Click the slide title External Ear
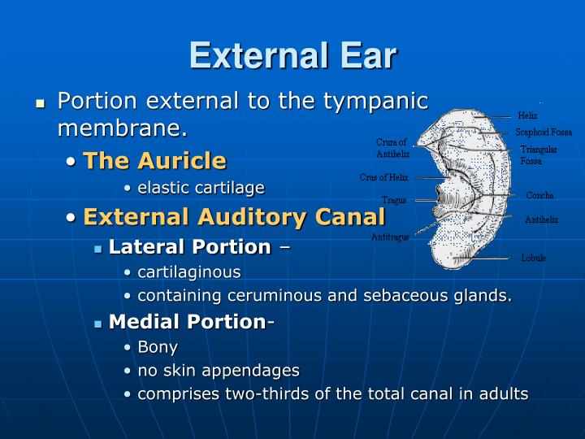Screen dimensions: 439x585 click(292, 56)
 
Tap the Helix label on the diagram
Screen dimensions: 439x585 click(527, 115)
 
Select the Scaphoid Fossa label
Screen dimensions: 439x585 click(544, 132)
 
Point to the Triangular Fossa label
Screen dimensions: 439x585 click(538, 154)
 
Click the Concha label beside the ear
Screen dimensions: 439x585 click(539, 195)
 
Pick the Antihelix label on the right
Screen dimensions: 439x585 click(541, 219)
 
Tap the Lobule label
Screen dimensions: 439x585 click(533, 258)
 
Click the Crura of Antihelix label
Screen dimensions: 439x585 click(392, 147)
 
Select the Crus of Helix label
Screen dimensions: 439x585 click(383, 177)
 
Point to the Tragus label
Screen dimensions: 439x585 click(394, 200)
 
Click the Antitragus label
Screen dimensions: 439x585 click(390, 237)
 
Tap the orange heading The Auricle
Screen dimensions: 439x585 click(154, 160)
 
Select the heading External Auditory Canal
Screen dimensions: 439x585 click(234, 217)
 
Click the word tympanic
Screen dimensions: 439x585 click(375, 101)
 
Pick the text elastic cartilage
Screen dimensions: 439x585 click(201, 188)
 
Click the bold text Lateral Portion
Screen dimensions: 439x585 click(189, 246)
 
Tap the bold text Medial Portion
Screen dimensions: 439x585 click(187, 322)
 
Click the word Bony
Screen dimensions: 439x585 click(158, 347)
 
